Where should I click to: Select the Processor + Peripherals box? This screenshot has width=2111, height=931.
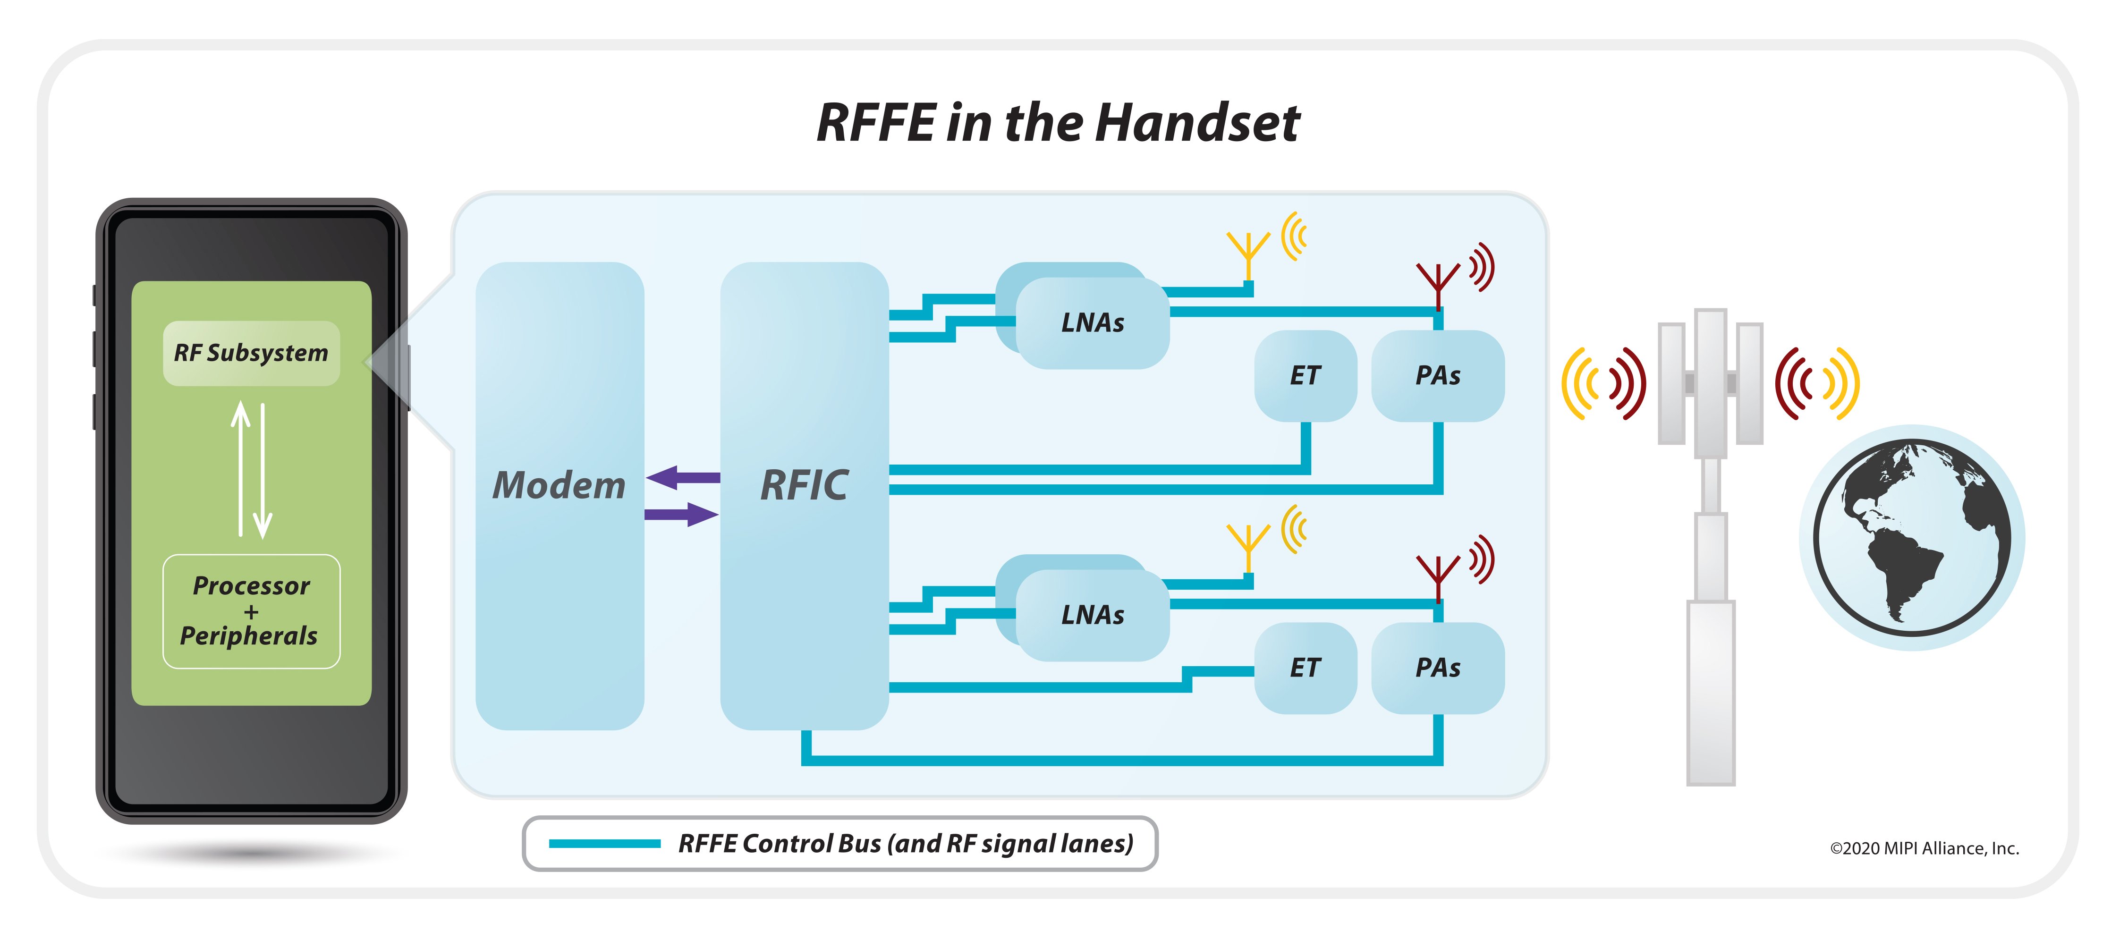(251, 611)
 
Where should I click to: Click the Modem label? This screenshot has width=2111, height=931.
(559, 485)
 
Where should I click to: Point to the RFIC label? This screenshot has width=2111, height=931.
(804, 485)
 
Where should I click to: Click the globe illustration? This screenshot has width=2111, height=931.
(1911, 538)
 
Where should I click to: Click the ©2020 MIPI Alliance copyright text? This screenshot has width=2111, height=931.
(1924, 848)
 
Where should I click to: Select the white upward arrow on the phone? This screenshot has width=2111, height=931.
(240, 467)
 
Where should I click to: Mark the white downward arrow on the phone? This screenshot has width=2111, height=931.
(262, 471)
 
